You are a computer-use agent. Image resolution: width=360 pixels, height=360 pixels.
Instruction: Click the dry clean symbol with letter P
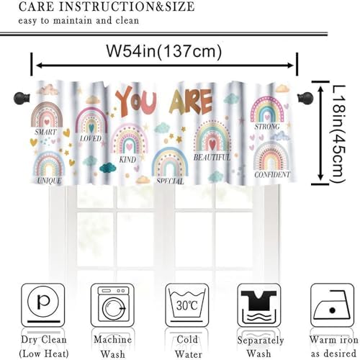pyautogui.click(x=43, y=305)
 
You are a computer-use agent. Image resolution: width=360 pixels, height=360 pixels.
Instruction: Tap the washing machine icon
pyautogui.click(x=112, y=305)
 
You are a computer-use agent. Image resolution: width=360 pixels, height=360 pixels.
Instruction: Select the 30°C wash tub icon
pyautogui.click(x=187, y=305)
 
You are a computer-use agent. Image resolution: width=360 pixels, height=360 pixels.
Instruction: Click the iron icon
pyautogui.click(x=333, y=305)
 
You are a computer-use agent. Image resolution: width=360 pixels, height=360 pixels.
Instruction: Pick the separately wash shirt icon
pyautogui.click(x=259, y=305)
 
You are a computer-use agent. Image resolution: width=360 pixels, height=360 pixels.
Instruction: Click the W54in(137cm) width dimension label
pyautogui.click(x=164, y=51)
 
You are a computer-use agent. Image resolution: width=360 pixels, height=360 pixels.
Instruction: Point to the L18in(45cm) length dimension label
pyautogui.click(x=338, y=134)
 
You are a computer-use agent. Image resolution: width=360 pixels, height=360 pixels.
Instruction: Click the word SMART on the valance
pyautogui.click(x=45, y=132)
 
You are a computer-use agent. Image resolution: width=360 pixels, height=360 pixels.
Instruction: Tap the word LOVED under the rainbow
pyautogui.click(x=91, y=138)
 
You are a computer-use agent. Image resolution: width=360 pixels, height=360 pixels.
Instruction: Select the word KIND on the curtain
pyautogui.click(x=127, y=159)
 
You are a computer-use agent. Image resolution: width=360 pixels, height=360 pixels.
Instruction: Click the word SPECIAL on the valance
pyautogui.click(x=170, y=181)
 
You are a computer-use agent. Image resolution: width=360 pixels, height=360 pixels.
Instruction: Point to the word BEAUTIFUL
pyautogui.click(x=212, y=158)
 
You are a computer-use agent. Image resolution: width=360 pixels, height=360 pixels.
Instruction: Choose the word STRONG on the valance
pyautogui.click(x=267, y=127)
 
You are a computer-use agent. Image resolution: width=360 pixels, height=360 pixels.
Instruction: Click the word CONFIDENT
pyautogui.click(x=272, y=174)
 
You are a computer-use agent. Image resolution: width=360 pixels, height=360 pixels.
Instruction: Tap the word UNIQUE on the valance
pyautogui.click(x=49, y=181)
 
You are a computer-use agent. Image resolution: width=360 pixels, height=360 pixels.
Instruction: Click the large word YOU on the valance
pyautogui.click(x=136, y=102)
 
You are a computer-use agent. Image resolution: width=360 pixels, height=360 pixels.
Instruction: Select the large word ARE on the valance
pyautogui.click(x=191, y=102)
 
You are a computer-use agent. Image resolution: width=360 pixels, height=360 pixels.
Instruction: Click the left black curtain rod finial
pyautogui.click(x=22, y=98)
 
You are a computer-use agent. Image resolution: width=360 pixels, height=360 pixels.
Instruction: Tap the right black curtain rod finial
pyautogui.click(x=305, y=98)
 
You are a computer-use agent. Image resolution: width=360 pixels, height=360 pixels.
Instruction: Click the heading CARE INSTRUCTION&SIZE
pyautogui.click(x=107, y=6)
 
